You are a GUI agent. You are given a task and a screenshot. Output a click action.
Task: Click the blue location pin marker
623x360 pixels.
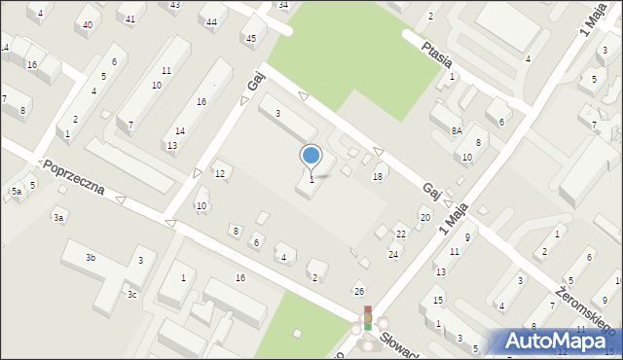[x=311, y=155]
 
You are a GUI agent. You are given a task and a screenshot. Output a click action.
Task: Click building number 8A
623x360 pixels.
[x=456, y=130]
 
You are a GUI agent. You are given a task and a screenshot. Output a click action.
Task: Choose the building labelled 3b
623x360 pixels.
[x=91, y=258]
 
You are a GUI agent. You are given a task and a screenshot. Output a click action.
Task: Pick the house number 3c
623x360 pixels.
[x=131, y=294]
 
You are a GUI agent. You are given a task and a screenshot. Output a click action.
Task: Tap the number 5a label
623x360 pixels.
[x=17, y=192]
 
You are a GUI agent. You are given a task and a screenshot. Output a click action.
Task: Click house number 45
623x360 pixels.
[x=250, y=39]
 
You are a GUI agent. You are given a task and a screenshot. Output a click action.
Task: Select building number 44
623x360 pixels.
[x=211, y=20]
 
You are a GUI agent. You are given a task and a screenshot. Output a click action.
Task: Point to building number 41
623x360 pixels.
[x=130, y=18]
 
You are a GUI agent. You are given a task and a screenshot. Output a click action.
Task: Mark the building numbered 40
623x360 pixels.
[x=88, y=24]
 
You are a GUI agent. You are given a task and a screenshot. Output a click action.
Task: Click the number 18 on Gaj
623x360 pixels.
[x=378, y=176]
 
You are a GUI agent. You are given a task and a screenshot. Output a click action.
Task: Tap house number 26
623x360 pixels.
[x=359, y=292]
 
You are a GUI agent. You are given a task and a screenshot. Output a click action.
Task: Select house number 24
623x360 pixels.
[x=393, y=255]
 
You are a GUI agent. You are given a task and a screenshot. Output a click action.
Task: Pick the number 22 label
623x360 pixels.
[x=401, y=234]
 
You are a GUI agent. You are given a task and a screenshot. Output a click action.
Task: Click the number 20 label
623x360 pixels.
[x=424, y=217]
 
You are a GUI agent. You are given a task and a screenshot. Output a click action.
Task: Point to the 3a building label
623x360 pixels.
[x=59, y=218]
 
